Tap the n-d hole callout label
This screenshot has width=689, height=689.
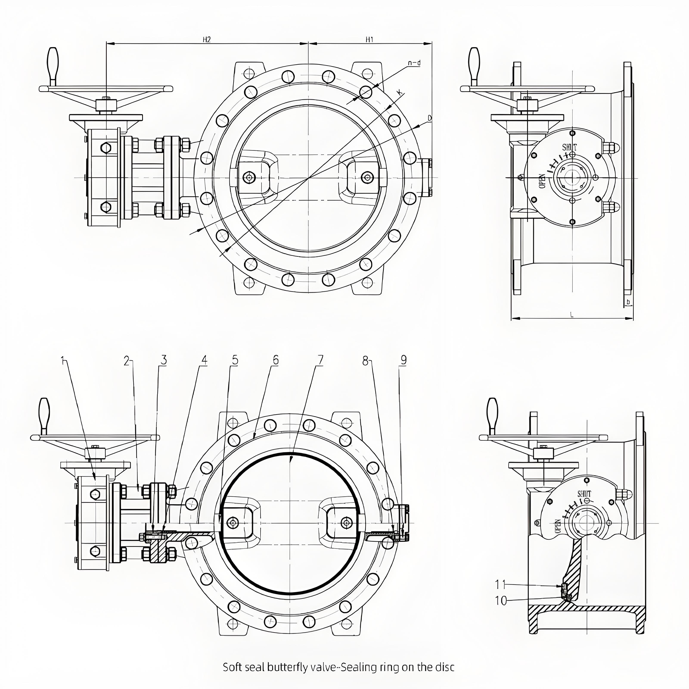[x=414, y=63]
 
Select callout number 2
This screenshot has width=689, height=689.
[x=127, y=361]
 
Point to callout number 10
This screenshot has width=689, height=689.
[x=501, y=601]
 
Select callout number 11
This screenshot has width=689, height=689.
[x=500, y=585]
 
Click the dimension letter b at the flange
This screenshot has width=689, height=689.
[x=628, y=302]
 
